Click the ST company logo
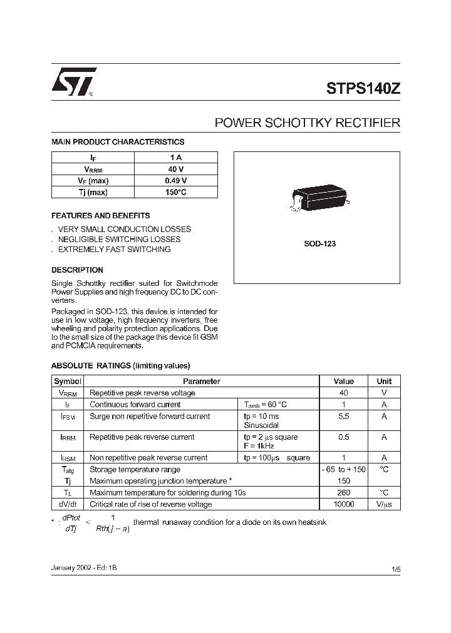[x=73, y=82]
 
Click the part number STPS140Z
[x=363, y=88]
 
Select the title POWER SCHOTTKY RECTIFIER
[x=307, y=123]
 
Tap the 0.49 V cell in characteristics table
[x=176, y=181]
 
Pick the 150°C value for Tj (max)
[x=176, y=192]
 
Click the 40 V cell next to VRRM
[x=176, y=170]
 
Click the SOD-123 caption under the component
[x=319, y=244]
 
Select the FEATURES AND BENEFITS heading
[x=100, y=215]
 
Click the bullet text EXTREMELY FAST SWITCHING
[x=114, y=250]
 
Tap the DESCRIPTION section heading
[x=77, y=270]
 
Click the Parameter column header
[x=201, y=381]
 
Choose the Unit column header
[x=384, y=381]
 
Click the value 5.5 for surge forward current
[x=343, y=417]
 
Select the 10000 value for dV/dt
[x=343, y=504]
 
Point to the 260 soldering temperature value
[x=343, y=492]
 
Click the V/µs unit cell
[x=384, y=504]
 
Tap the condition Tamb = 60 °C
[x=266, y=405]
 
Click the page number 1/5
[x=395, y=569]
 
